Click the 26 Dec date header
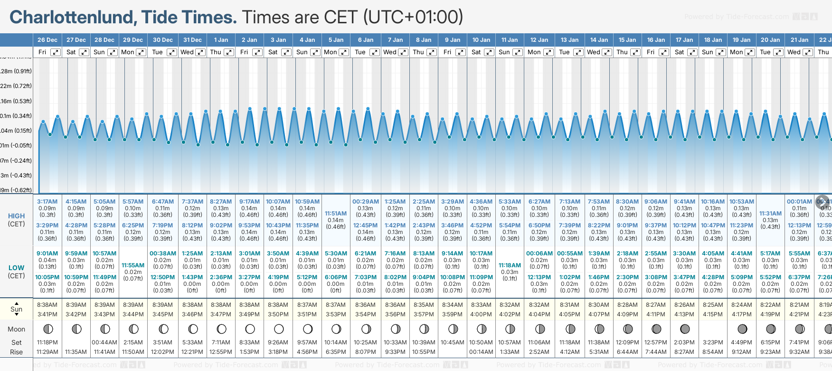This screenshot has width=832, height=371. (x=47, y=40)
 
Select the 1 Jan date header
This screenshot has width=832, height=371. (x=221, y=40)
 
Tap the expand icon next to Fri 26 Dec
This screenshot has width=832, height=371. (x=56, y=52)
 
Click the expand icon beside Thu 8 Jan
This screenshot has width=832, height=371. (x=431, y=52)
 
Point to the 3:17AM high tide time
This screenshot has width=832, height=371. (x=47, y=202)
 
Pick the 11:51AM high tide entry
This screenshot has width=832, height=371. (x=336, y=214)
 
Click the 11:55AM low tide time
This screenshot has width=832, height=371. (x=133, y=265)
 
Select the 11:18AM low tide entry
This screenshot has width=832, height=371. (x=510, y=265)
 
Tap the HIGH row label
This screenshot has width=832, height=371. (x=16, y=216)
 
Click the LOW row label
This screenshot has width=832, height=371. (x=16, y=268)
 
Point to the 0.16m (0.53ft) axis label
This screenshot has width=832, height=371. (x=16, y=101)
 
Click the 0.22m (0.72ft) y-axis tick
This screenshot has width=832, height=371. (x=16, y=86)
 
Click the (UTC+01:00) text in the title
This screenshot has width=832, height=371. (x=413, y=18)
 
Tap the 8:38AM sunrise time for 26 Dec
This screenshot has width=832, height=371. (x=47, y=305)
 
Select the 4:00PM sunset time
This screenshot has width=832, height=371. (x=481, y=314)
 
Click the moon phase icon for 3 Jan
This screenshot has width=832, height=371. (x=279, y=329)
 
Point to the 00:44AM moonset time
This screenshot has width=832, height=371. (x=104, y=342)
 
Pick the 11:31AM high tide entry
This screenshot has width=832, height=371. (x=770, y=214)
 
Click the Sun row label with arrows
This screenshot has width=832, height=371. (x=16, y=309)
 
